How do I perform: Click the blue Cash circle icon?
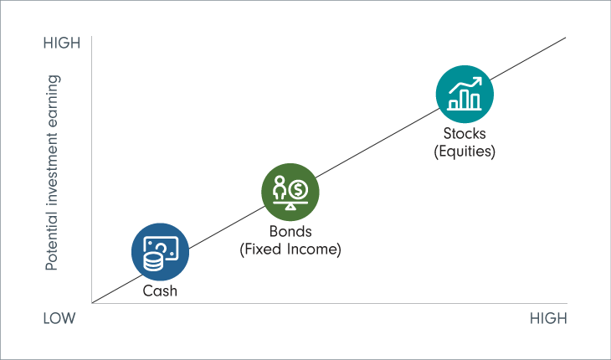click(160, 251)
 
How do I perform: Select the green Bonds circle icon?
click(290, 192)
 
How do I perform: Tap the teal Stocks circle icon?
click(465, 94)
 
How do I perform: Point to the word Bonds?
click(290, 232)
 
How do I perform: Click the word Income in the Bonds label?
click(311, 249)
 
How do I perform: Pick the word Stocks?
click(465, 134)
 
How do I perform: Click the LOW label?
click(60, 319)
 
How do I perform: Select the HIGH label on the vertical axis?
click(61, 43)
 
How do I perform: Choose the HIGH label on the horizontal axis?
click(548, 319)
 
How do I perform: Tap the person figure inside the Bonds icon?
click(280, 186)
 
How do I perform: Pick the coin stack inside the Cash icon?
click(153, 259)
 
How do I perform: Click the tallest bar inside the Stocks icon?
click(475, 100)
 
